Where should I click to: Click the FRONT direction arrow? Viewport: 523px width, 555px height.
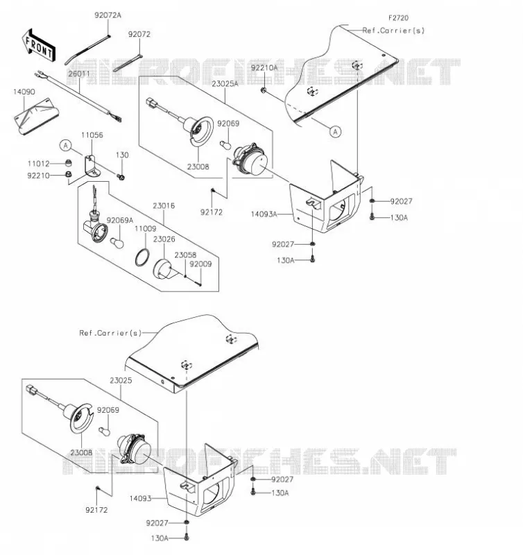pyautogui.click(x=38, y=46)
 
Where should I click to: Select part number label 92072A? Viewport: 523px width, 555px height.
pyautogui.click(x=108, y=15)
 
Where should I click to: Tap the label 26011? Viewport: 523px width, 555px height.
pyautogui.click(x=79, y=74)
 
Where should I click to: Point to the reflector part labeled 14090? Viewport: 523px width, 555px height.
pyautogui.click(x=37, y=115)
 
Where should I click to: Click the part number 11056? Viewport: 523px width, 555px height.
pyautogui.click(x=92, y=135)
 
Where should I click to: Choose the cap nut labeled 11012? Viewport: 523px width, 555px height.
pyautogui.click(x=68, y=163)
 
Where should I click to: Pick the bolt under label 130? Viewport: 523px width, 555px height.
pyautogui.click(x=121, y=176)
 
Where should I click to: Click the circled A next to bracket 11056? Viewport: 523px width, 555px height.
pyautogui.click(x=65, y=145)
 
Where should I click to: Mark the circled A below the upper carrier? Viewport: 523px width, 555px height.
pyautogui.click(x=335, y=132)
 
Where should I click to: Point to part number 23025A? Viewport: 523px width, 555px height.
pyautogui.click(x=225, y=84)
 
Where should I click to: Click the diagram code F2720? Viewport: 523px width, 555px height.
pyautogui.click(x=398, y=18)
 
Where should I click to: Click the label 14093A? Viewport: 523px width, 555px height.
pyautogui.click(x=264, y=214)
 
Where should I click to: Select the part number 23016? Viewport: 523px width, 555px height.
pyautogui.click(x=164, y=205)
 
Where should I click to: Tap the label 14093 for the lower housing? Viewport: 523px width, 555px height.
pyautogui.click(x=141, y=498)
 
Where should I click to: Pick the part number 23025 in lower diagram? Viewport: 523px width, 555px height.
pyautogui.click(x=121, y=380)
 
